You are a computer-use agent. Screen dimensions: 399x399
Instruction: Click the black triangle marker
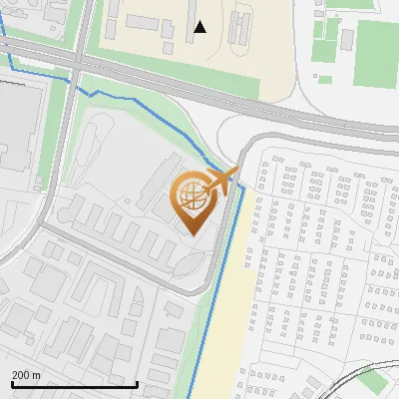coord(200,27)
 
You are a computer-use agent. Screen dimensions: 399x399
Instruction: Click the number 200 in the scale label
coord(20,375)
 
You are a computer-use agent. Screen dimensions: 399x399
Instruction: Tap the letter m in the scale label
coord(37,375)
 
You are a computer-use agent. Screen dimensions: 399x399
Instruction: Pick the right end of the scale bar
coord(137,384)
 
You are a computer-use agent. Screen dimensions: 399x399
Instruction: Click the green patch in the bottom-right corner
coord(373,380)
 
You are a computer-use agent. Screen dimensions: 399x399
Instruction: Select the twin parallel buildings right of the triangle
coord(236,28)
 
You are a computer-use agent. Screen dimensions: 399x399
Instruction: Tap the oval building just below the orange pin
coord(187,261)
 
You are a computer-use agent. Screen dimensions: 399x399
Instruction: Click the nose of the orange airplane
coord(237,172)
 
